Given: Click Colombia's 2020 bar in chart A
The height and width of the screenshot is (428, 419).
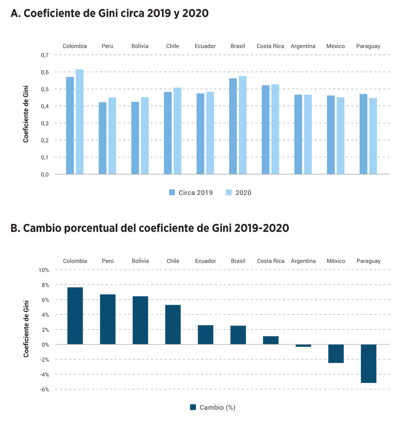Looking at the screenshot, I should tap(79, 122).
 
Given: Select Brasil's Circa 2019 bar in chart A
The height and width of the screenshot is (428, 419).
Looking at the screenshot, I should tap(233, 126).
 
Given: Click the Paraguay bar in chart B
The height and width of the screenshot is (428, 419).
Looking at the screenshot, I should tap(368, 364).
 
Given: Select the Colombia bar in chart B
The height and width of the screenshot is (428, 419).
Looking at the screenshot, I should tap(75, 316).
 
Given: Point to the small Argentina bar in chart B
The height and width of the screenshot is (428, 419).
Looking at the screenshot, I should tap(303, 346).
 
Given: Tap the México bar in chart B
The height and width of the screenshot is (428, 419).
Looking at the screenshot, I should tap(336, 354).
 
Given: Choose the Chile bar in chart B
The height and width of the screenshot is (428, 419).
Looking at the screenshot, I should tap(173, 325).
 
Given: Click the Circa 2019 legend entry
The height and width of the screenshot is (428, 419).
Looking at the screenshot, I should tap(191, 193).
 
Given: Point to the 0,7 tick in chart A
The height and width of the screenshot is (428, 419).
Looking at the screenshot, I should tap(45, 55).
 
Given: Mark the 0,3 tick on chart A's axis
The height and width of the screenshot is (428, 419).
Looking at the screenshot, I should tap(45, 123).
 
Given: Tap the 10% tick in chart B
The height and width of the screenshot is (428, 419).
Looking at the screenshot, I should tap(44, 270).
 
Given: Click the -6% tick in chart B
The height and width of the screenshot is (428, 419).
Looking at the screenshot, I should tap(44, 390).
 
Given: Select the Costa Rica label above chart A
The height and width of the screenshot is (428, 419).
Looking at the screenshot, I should tap(270, 46).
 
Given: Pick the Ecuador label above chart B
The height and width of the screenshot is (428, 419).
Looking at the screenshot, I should tap(205, 261).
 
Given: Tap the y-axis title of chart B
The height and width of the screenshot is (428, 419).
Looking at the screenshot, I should tap(26, 329).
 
